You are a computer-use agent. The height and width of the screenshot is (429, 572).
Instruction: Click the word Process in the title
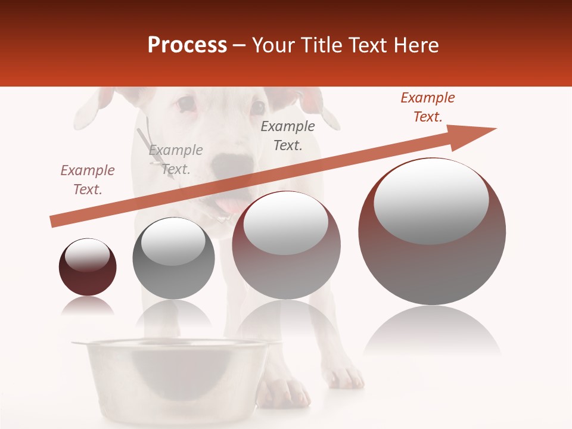click(187, 45)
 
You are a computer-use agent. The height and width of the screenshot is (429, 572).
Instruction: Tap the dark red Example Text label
click(428, 107)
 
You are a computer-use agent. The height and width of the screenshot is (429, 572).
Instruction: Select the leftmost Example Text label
click(88, 180)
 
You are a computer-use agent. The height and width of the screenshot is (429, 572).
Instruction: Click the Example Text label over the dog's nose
click(176, 160)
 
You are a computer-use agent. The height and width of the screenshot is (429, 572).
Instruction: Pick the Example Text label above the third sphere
click(288, 136)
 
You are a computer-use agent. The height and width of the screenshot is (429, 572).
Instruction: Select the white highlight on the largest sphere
click(431, 201)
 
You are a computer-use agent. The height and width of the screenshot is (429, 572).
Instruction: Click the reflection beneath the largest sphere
click(432, 334)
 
